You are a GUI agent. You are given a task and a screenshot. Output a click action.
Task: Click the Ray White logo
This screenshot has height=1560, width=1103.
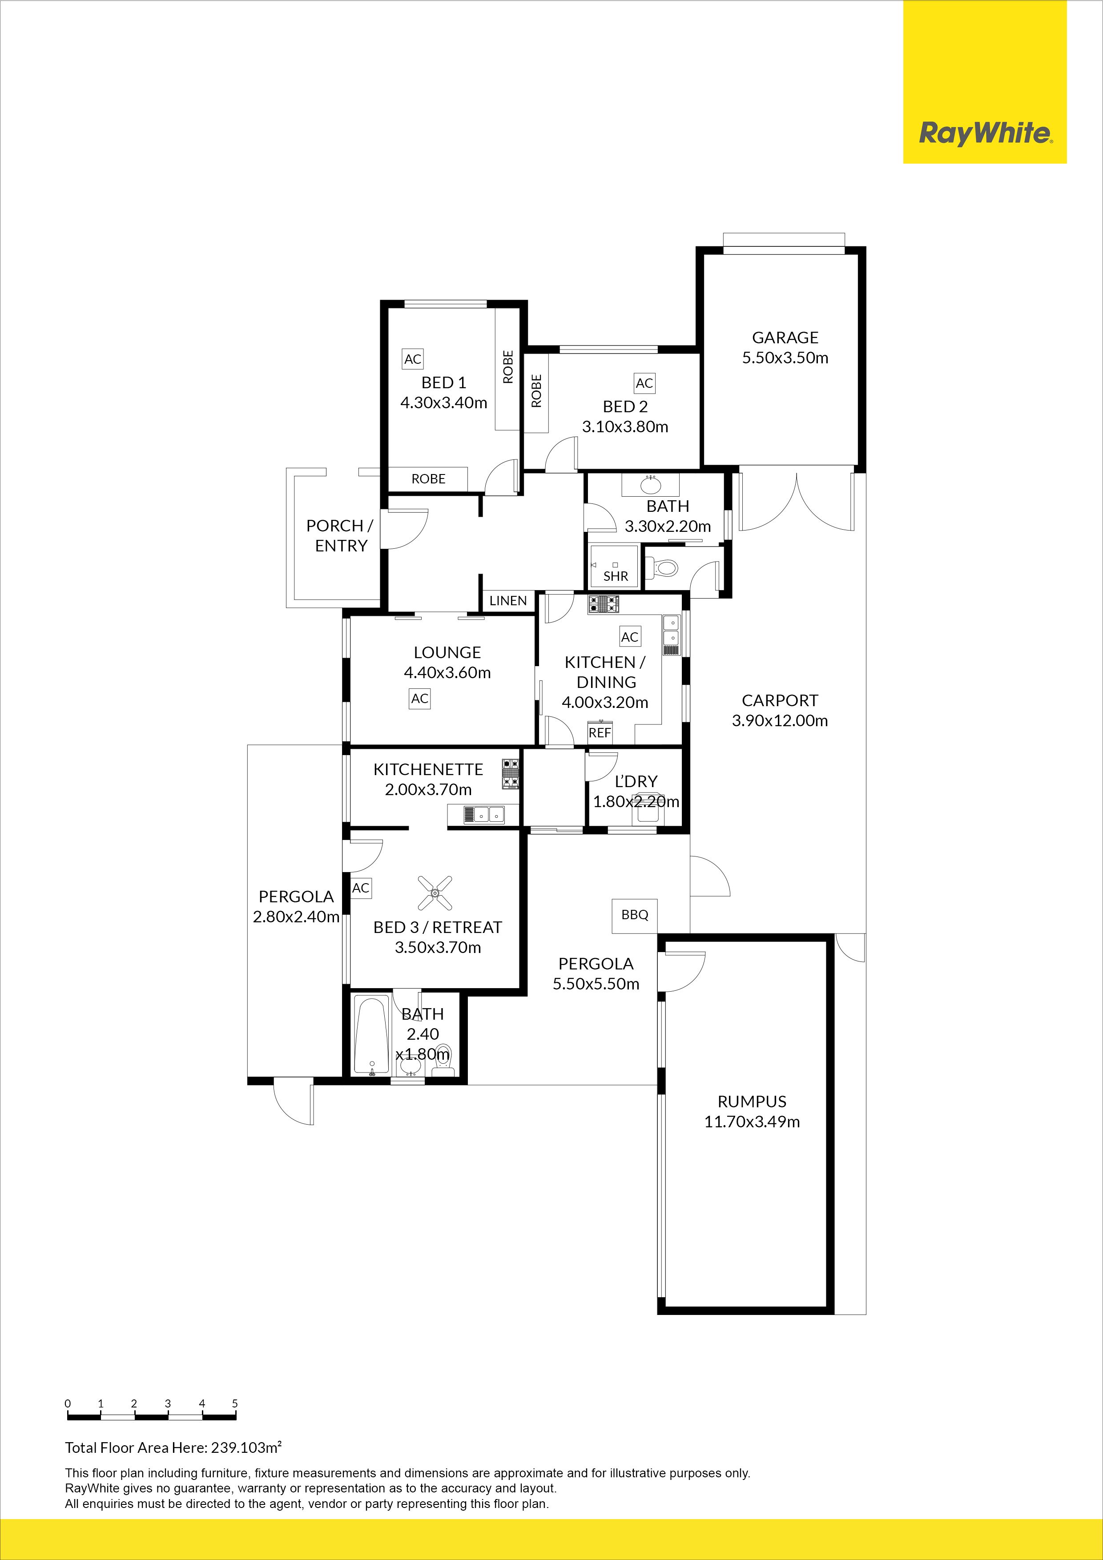985,133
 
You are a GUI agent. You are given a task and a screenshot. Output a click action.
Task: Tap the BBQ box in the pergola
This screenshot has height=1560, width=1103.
635,915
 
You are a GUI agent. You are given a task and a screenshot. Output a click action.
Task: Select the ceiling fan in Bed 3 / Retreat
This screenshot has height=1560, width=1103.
435,892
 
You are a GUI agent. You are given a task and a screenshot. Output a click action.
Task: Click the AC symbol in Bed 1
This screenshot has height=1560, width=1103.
413,359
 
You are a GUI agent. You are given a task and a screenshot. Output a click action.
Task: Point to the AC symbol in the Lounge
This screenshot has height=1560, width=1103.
419,699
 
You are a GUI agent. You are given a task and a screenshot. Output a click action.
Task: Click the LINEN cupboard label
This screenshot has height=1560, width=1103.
507,601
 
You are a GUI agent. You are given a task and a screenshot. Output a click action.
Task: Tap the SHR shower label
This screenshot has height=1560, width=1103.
616,576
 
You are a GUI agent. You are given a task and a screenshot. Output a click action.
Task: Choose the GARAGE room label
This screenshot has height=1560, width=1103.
785,338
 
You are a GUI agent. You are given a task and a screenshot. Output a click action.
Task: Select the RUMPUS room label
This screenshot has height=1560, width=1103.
752,1102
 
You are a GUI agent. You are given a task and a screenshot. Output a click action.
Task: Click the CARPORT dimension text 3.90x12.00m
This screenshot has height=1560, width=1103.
780,721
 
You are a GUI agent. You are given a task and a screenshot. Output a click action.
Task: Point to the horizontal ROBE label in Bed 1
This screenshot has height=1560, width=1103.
428,479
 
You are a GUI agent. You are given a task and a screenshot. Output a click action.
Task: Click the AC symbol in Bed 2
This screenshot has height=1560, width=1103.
644,383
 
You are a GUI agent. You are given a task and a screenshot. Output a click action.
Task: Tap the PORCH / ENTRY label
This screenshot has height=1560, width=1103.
340,535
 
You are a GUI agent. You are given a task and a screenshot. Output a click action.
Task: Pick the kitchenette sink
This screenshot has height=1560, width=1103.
484,814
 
